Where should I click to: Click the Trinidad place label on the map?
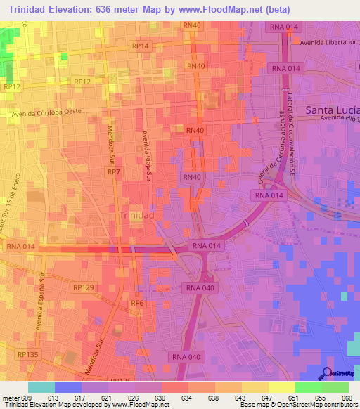pos(137,214)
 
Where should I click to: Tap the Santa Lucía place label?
pos(332,110)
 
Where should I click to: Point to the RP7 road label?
pos(113,171)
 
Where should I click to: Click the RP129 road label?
pos(83,287)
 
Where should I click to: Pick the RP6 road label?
pos(137,303)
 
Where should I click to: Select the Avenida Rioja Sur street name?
pos(147,156)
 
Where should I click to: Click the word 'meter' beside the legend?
pos(10,398)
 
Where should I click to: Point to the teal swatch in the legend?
pos(41,387)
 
